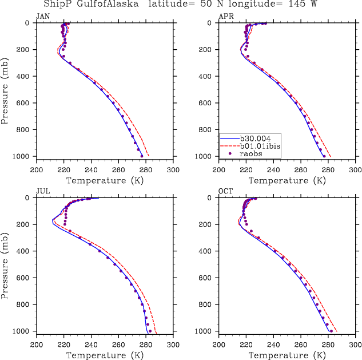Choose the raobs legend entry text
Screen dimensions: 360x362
pos(253,153)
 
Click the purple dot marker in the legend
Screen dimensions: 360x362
pos(229,153)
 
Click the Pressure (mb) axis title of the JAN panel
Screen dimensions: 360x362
pos(5,89)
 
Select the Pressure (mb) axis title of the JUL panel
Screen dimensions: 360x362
pos(5,264)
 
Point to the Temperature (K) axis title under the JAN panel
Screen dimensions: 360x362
pos(105,180)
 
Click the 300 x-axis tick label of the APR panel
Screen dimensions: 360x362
pos(355,169)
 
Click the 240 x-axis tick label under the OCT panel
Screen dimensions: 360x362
pos(273,345)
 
